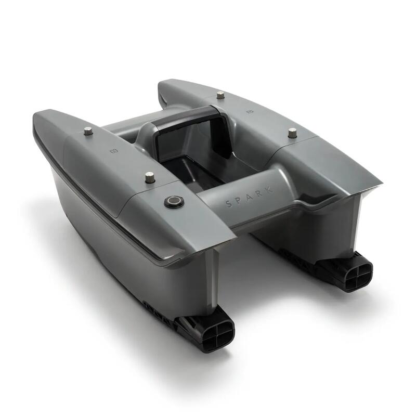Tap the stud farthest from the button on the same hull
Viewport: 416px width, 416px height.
(x=87, y=131)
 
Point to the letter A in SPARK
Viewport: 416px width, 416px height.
(x=251, y=196)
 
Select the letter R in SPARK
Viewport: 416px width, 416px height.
(x=261, y=192)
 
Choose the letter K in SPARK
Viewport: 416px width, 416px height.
(x=270, y=189)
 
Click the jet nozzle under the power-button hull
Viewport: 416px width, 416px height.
(x=217, y=332)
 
